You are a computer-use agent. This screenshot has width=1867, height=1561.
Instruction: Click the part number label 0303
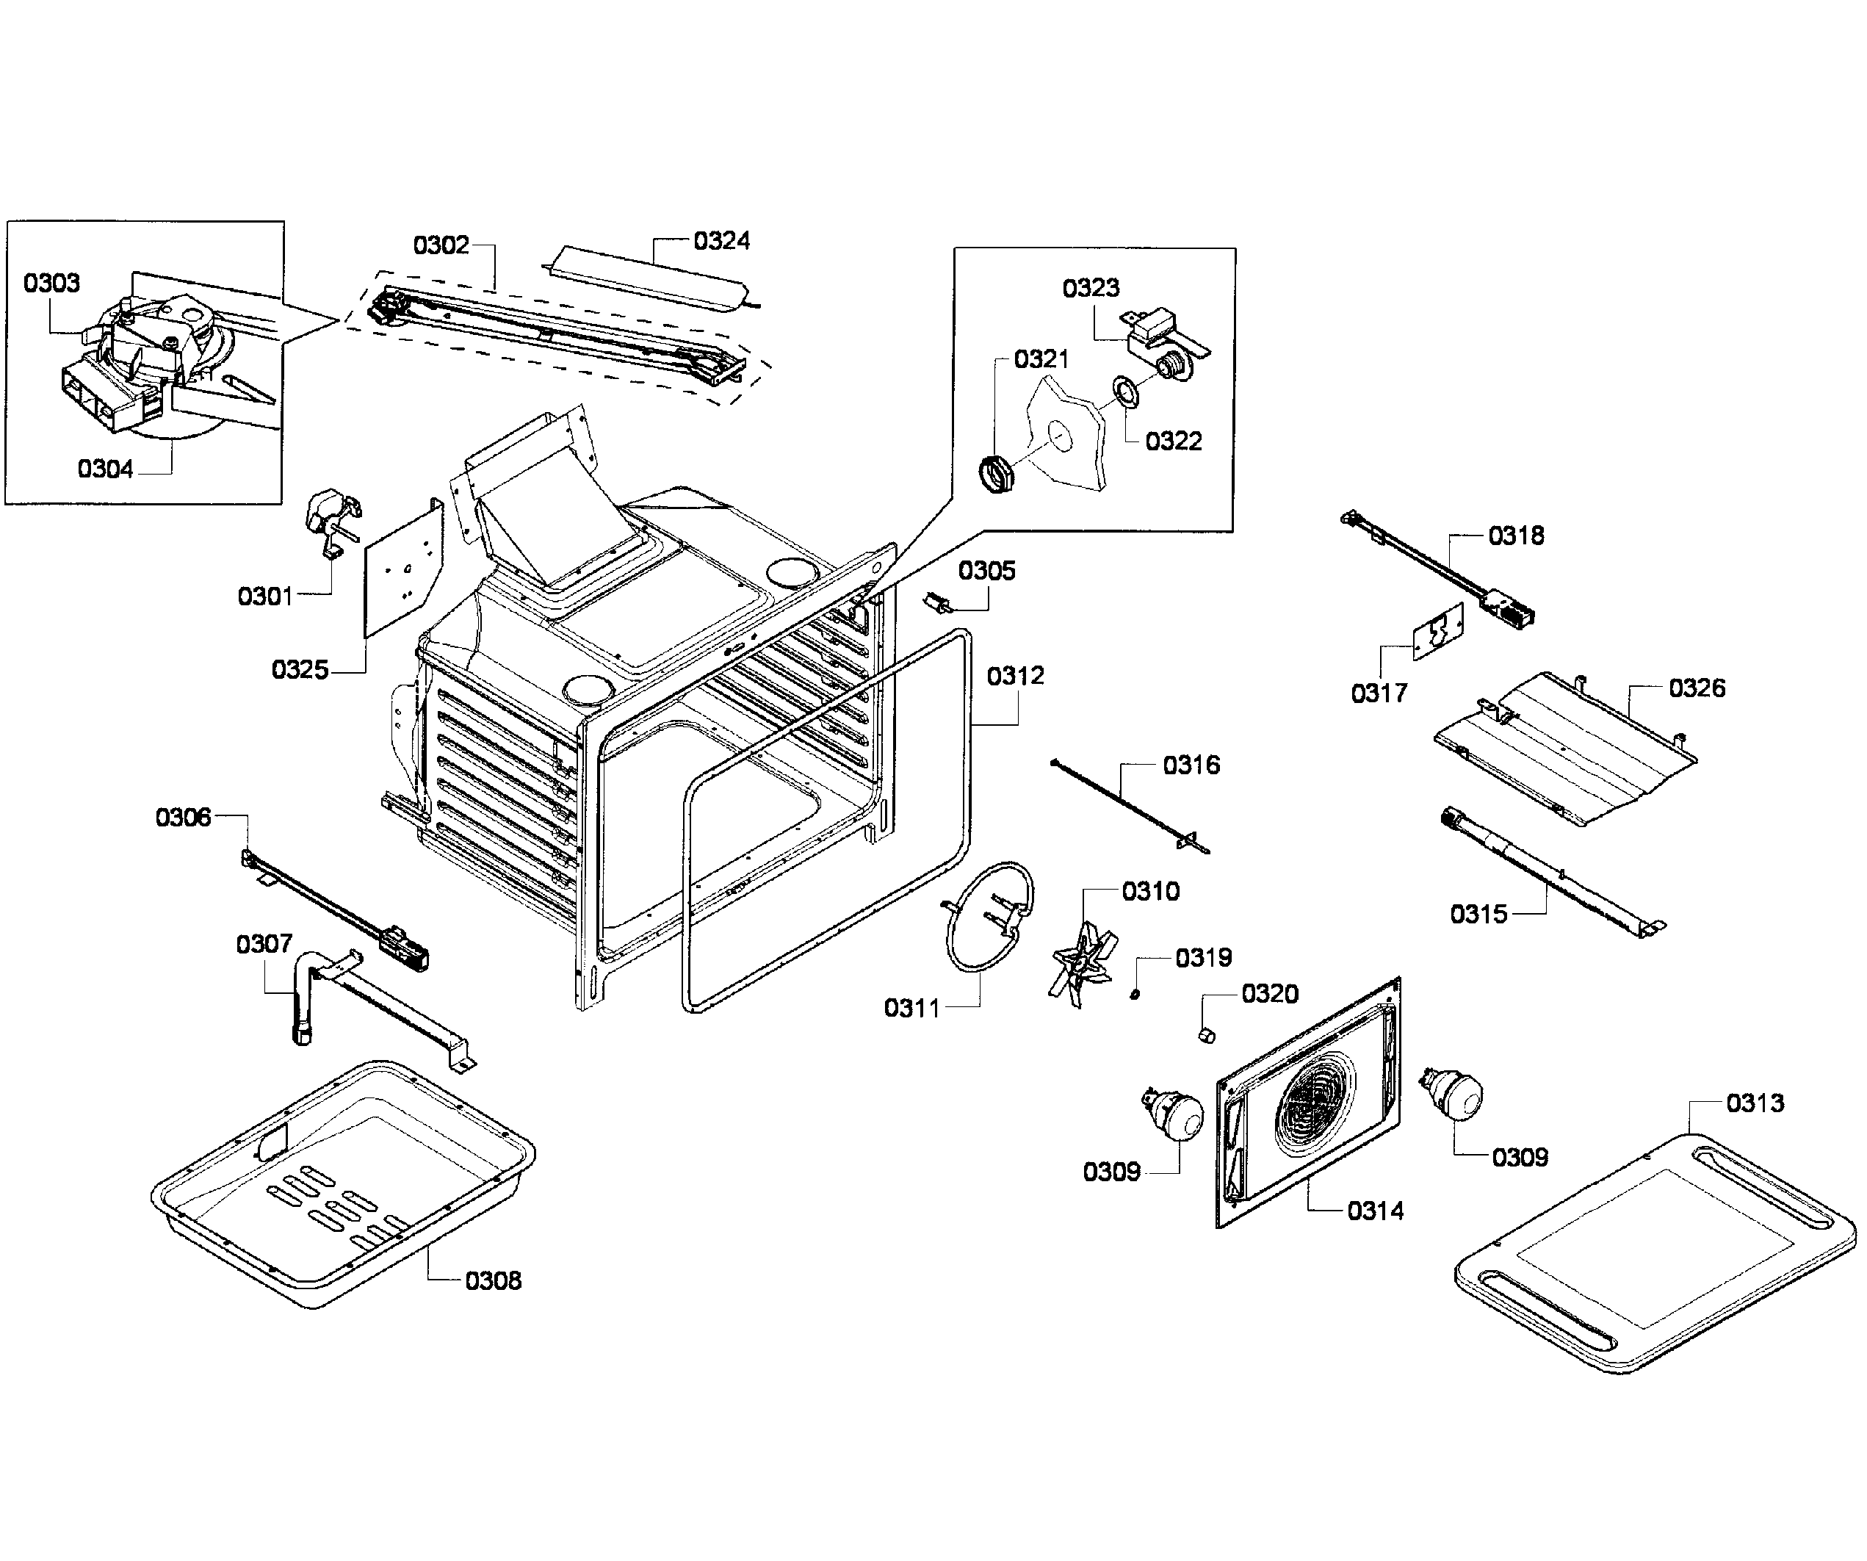tap(51, 284)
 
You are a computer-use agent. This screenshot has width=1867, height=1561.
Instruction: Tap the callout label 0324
tap(721, 241)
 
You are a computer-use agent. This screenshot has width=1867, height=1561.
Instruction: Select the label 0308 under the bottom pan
tap(493, 1281)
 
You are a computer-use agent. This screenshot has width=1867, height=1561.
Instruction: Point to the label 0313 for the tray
tap(1754, 1103)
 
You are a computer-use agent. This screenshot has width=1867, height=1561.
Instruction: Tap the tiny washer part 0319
tap(1135, 994)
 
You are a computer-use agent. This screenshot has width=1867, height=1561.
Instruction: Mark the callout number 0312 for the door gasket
tap(1014, 677)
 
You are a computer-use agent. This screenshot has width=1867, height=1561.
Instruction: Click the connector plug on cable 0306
tap(405, 948)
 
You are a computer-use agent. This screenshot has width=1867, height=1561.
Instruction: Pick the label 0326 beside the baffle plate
tap(1697, 688)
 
